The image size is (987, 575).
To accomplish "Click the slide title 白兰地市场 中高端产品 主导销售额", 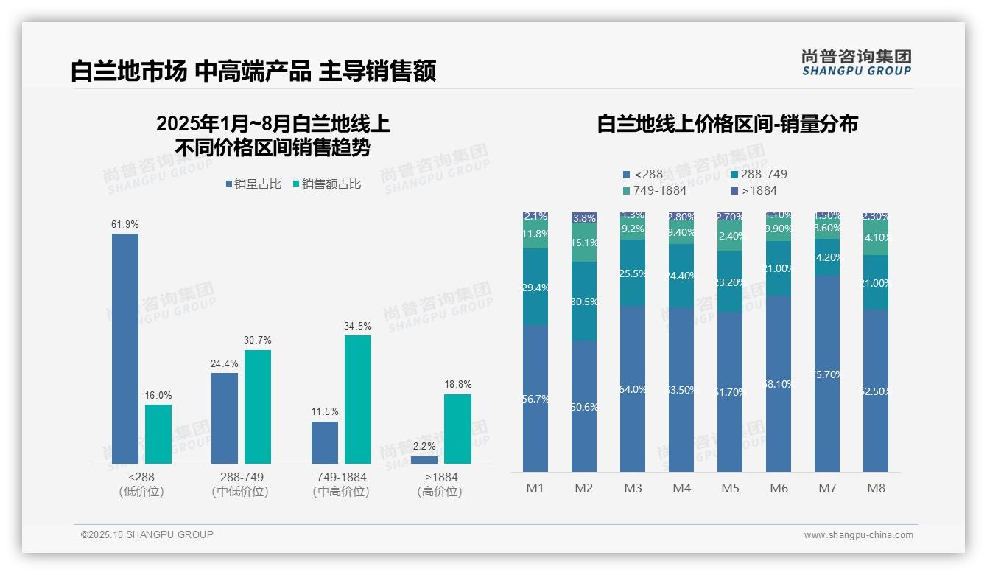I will tap(253, 71).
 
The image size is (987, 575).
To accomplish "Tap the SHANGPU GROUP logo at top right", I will tap(856, 63).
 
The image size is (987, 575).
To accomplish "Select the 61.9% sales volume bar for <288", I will tap(124, 348).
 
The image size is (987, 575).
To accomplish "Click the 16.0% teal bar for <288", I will tap(158, 433).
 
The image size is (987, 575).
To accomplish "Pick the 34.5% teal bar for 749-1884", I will tap(357, 399).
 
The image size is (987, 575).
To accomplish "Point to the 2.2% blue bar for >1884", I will tap(424, 459).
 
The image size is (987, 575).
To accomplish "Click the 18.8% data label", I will tap(458, 384).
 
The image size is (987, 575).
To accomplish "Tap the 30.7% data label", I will tap(258, 340).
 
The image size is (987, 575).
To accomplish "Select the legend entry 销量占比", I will tap(253, 184).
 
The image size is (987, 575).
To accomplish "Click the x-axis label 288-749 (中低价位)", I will tap(241, 484).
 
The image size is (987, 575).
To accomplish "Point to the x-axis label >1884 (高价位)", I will tap(440, 484).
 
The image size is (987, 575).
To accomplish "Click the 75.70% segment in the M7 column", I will tap(827, 374).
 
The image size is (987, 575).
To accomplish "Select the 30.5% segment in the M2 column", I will tap(584, 301).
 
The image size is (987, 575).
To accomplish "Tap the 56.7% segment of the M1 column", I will tap(535, 398).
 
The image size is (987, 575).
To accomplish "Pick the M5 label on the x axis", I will tap(730, 488).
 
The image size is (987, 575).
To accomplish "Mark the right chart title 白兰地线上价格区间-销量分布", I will tap(727, 124).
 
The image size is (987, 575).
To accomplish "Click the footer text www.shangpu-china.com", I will tap(858, 535).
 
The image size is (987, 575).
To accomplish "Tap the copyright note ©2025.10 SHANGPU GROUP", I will tap(147, 534).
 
